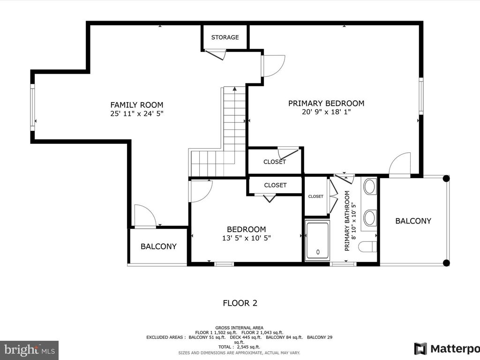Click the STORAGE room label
point(225,37)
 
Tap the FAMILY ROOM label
point(137,105)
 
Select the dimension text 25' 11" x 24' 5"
point(137,113)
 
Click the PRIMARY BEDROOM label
point(326,104)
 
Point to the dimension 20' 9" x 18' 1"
point(326,112)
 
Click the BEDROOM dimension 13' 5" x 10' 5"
point(247,238)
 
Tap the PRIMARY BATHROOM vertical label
point(347,221)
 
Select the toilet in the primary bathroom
point(367,247)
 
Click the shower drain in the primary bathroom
point(318,252)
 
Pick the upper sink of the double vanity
point(370,187)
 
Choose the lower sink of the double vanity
point(370,217)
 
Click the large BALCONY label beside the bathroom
point(413,221)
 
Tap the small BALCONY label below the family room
point(158,247)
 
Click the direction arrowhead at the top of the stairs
point(235,89)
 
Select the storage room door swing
point(216,54)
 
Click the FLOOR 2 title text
point(240,303)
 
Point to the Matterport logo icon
point(420,349)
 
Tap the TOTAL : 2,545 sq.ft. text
point(239,347)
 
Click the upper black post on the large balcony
point(446,179)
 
